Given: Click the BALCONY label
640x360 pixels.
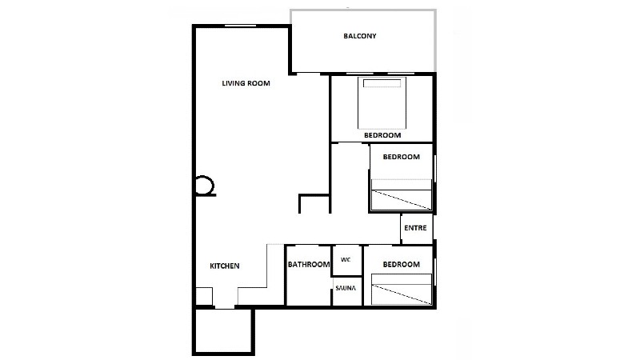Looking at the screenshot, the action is (359, 36).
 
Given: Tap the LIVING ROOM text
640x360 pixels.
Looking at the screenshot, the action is (246, 83).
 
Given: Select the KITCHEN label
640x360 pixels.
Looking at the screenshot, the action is (225, 266).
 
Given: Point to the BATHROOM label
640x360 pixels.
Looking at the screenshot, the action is (309, 265).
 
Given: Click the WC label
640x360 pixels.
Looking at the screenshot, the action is (346, 259).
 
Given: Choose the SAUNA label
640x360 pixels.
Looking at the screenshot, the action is (346, 288).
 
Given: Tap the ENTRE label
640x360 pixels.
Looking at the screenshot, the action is (415, 228).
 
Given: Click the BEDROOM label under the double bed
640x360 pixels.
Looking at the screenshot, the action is (382, 135).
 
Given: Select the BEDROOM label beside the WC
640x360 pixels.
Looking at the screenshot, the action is (402, 265).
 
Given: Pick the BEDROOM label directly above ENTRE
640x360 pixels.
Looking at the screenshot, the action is (402, 157).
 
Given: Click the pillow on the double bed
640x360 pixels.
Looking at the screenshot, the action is (382, 83).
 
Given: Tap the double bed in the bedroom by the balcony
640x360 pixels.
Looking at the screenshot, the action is (382, 103).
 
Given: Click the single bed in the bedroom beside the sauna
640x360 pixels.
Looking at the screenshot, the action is (402, 290).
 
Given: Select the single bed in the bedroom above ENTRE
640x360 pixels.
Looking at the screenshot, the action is (402, 194).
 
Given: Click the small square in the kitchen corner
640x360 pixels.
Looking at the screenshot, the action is (204, 296).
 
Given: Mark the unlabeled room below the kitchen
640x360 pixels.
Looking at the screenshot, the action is (223, 331).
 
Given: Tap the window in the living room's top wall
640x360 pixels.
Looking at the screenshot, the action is (241, 26).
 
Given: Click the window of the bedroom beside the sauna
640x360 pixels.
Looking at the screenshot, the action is (435, 272).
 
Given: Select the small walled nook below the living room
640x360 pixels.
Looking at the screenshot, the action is (314, 204).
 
